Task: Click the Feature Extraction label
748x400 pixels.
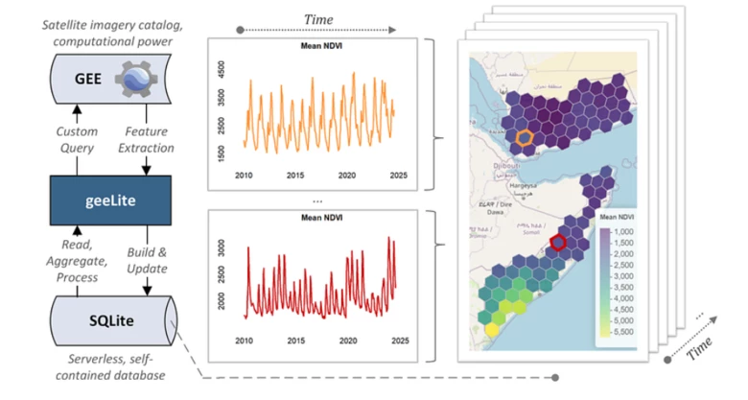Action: point(147,139)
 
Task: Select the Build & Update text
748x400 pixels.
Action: point(147,261)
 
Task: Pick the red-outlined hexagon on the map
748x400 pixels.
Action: point(557,243)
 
